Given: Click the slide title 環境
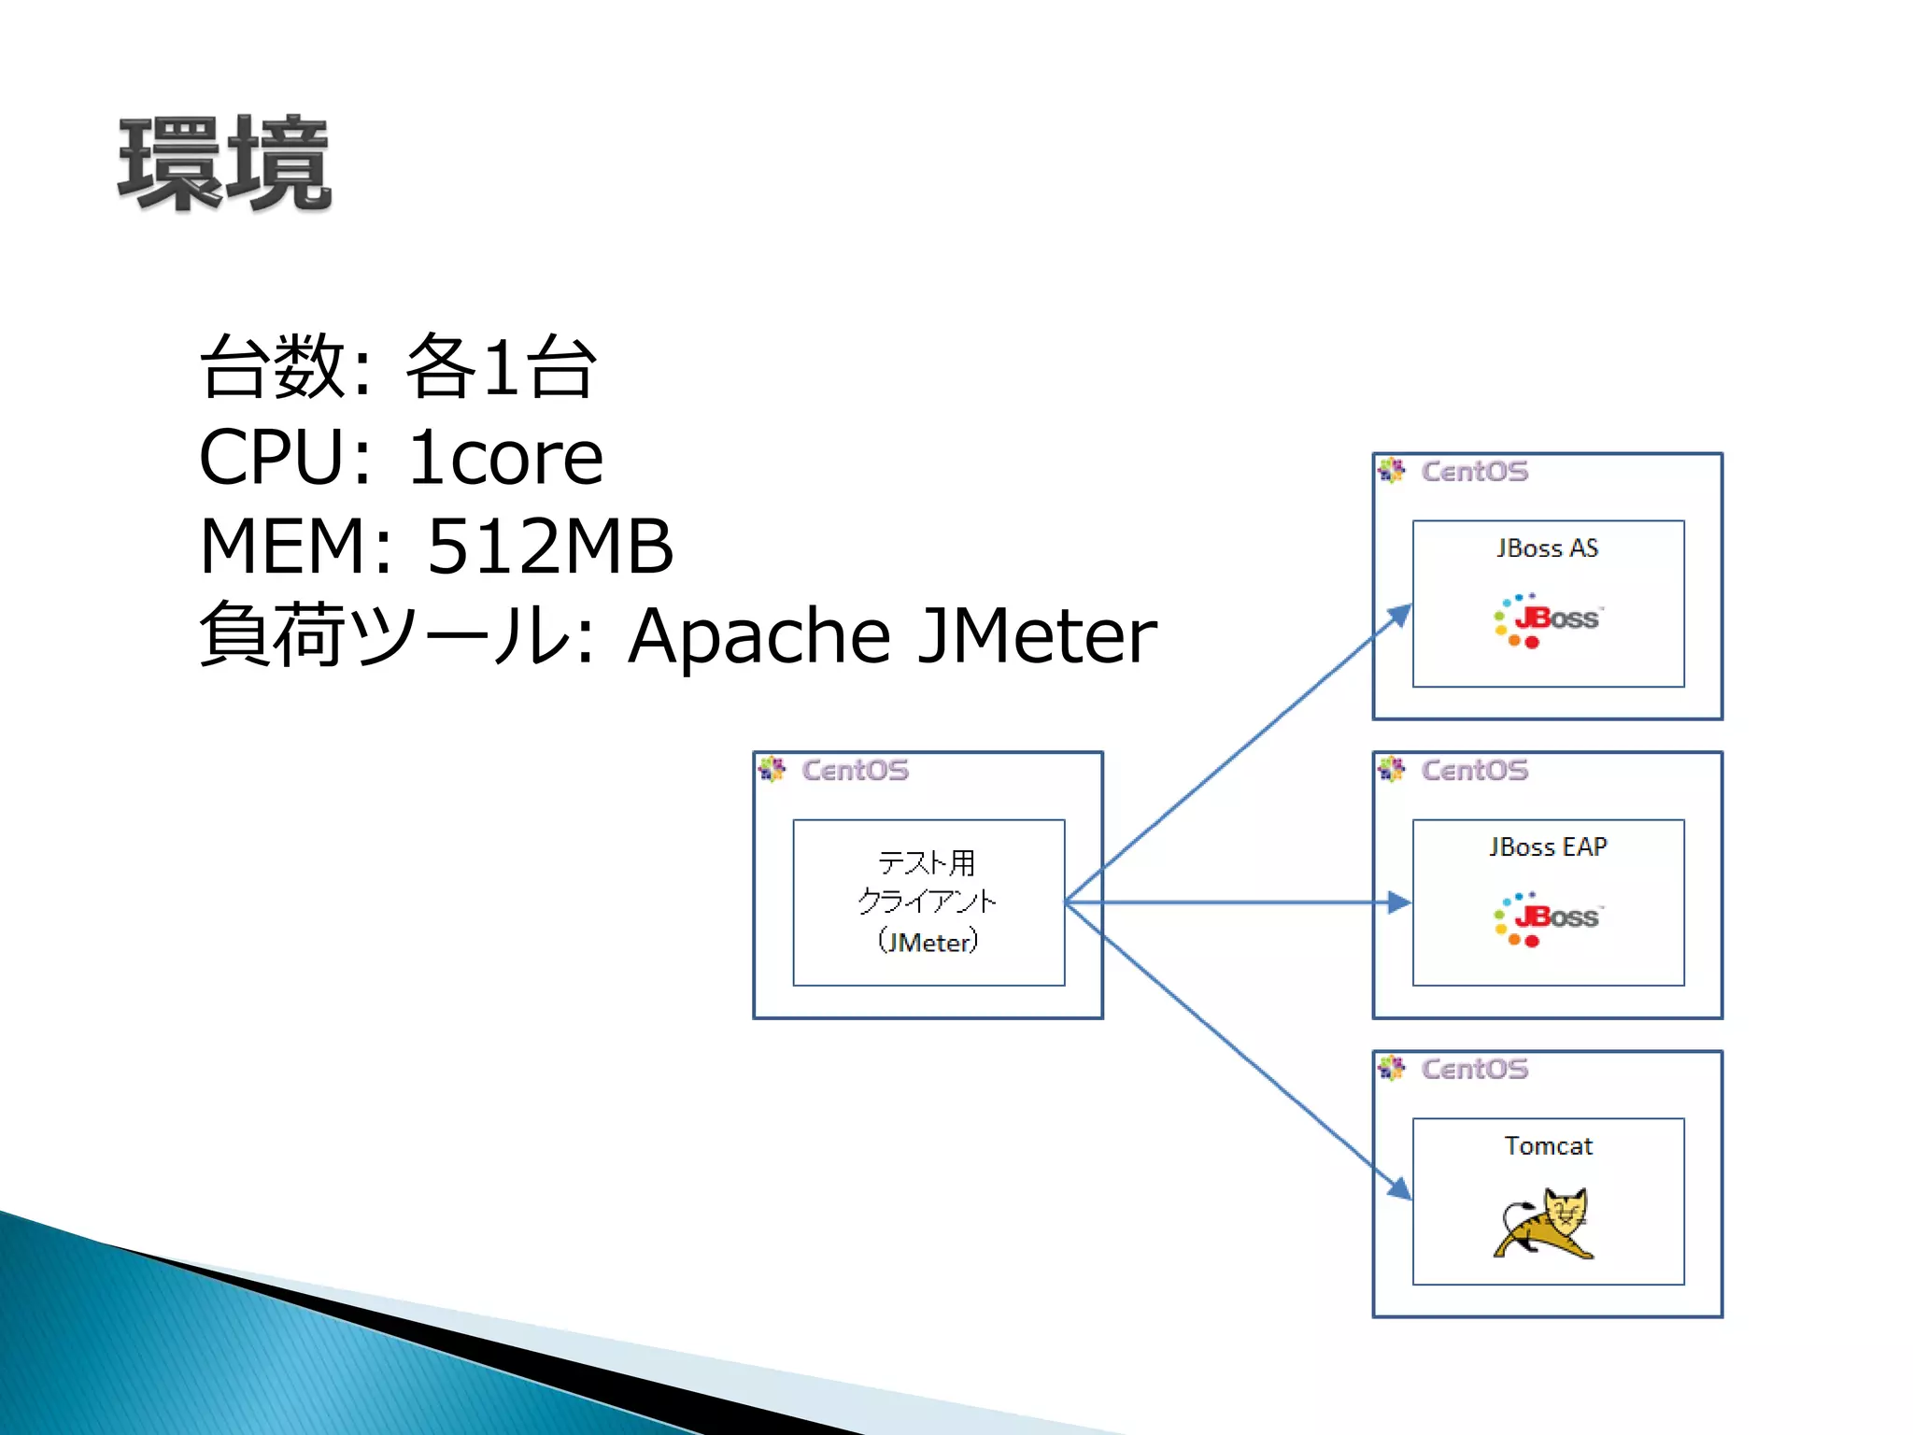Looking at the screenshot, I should pyautogui.click(x=224, y=163).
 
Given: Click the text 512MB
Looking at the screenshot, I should pyautogui.click(x=549, y=547).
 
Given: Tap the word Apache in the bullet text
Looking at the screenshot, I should pyautogui.click(x=758, y=635).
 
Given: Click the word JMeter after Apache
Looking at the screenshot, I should pyautogui.click(x=1037, y=635).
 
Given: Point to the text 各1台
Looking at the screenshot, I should pyautogui.click(x=501, y=367).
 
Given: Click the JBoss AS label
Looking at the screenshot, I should pyautogui.click(x=1547, y=548).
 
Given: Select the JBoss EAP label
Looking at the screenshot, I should pyautogui.click(x=1548, y=847).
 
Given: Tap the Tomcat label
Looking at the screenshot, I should pyautogui.click(x=1548, y=1146).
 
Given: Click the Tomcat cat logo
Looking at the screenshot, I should pyautogui.click(x=1545, y=1223).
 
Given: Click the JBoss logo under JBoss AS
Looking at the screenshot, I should pyautogui.click(x=1548, y=619).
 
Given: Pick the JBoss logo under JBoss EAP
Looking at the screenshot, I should pyautogui.click(x=1548, y=918).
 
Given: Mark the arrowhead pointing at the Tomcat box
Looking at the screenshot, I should pyautogui.click(x=1399, y=1188).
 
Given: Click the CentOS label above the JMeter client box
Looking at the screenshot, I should pyautogui.click(x=855, y=771).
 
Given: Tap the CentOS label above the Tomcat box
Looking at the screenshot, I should pyautogui.click(x=1474, y=1070).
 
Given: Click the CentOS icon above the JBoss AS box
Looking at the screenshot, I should pyautogui.click(x=1391, y=471).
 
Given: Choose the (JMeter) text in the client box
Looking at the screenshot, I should pyautogui.click(x=928, y=942).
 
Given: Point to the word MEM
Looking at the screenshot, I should pyautogui.click(x=284, y=547).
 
